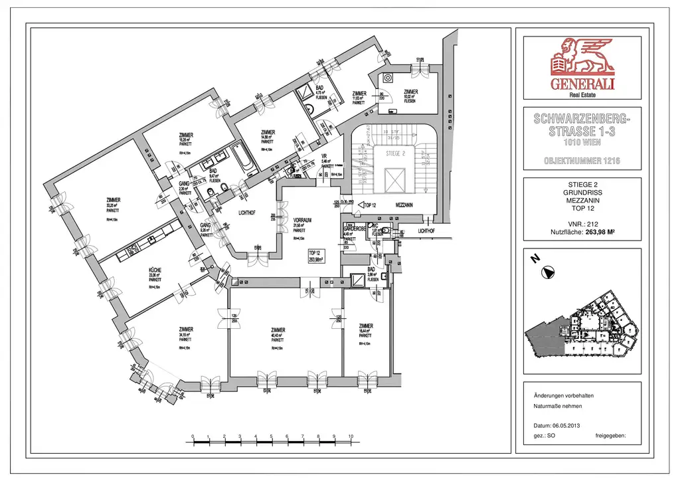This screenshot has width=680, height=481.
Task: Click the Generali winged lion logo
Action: click(582, 57)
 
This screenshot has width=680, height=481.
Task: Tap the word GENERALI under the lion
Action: click(582, 84)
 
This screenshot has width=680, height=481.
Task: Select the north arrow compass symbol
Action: click(549, 271)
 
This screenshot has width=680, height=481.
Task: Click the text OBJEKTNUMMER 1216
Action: click(582, 161)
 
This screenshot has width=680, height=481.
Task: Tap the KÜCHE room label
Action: click(155, 270)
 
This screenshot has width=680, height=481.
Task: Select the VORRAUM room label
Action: click(302, 221)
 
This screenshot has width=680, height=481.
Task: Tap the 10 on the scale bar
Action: click(350, 436)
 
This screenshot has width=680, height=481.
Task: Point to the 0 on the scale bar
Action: click(192, 436)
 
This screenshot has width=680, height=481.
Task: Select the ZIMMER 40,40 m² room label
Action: click(278, 330)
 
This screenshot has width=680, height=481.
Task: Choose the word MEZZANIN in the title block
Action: click(582, 200)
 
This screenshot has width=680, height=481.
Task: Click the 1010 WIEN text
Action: click(582, 142)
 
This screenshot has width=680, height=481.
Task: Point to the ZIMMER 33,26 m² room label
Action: click(114, 200)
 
